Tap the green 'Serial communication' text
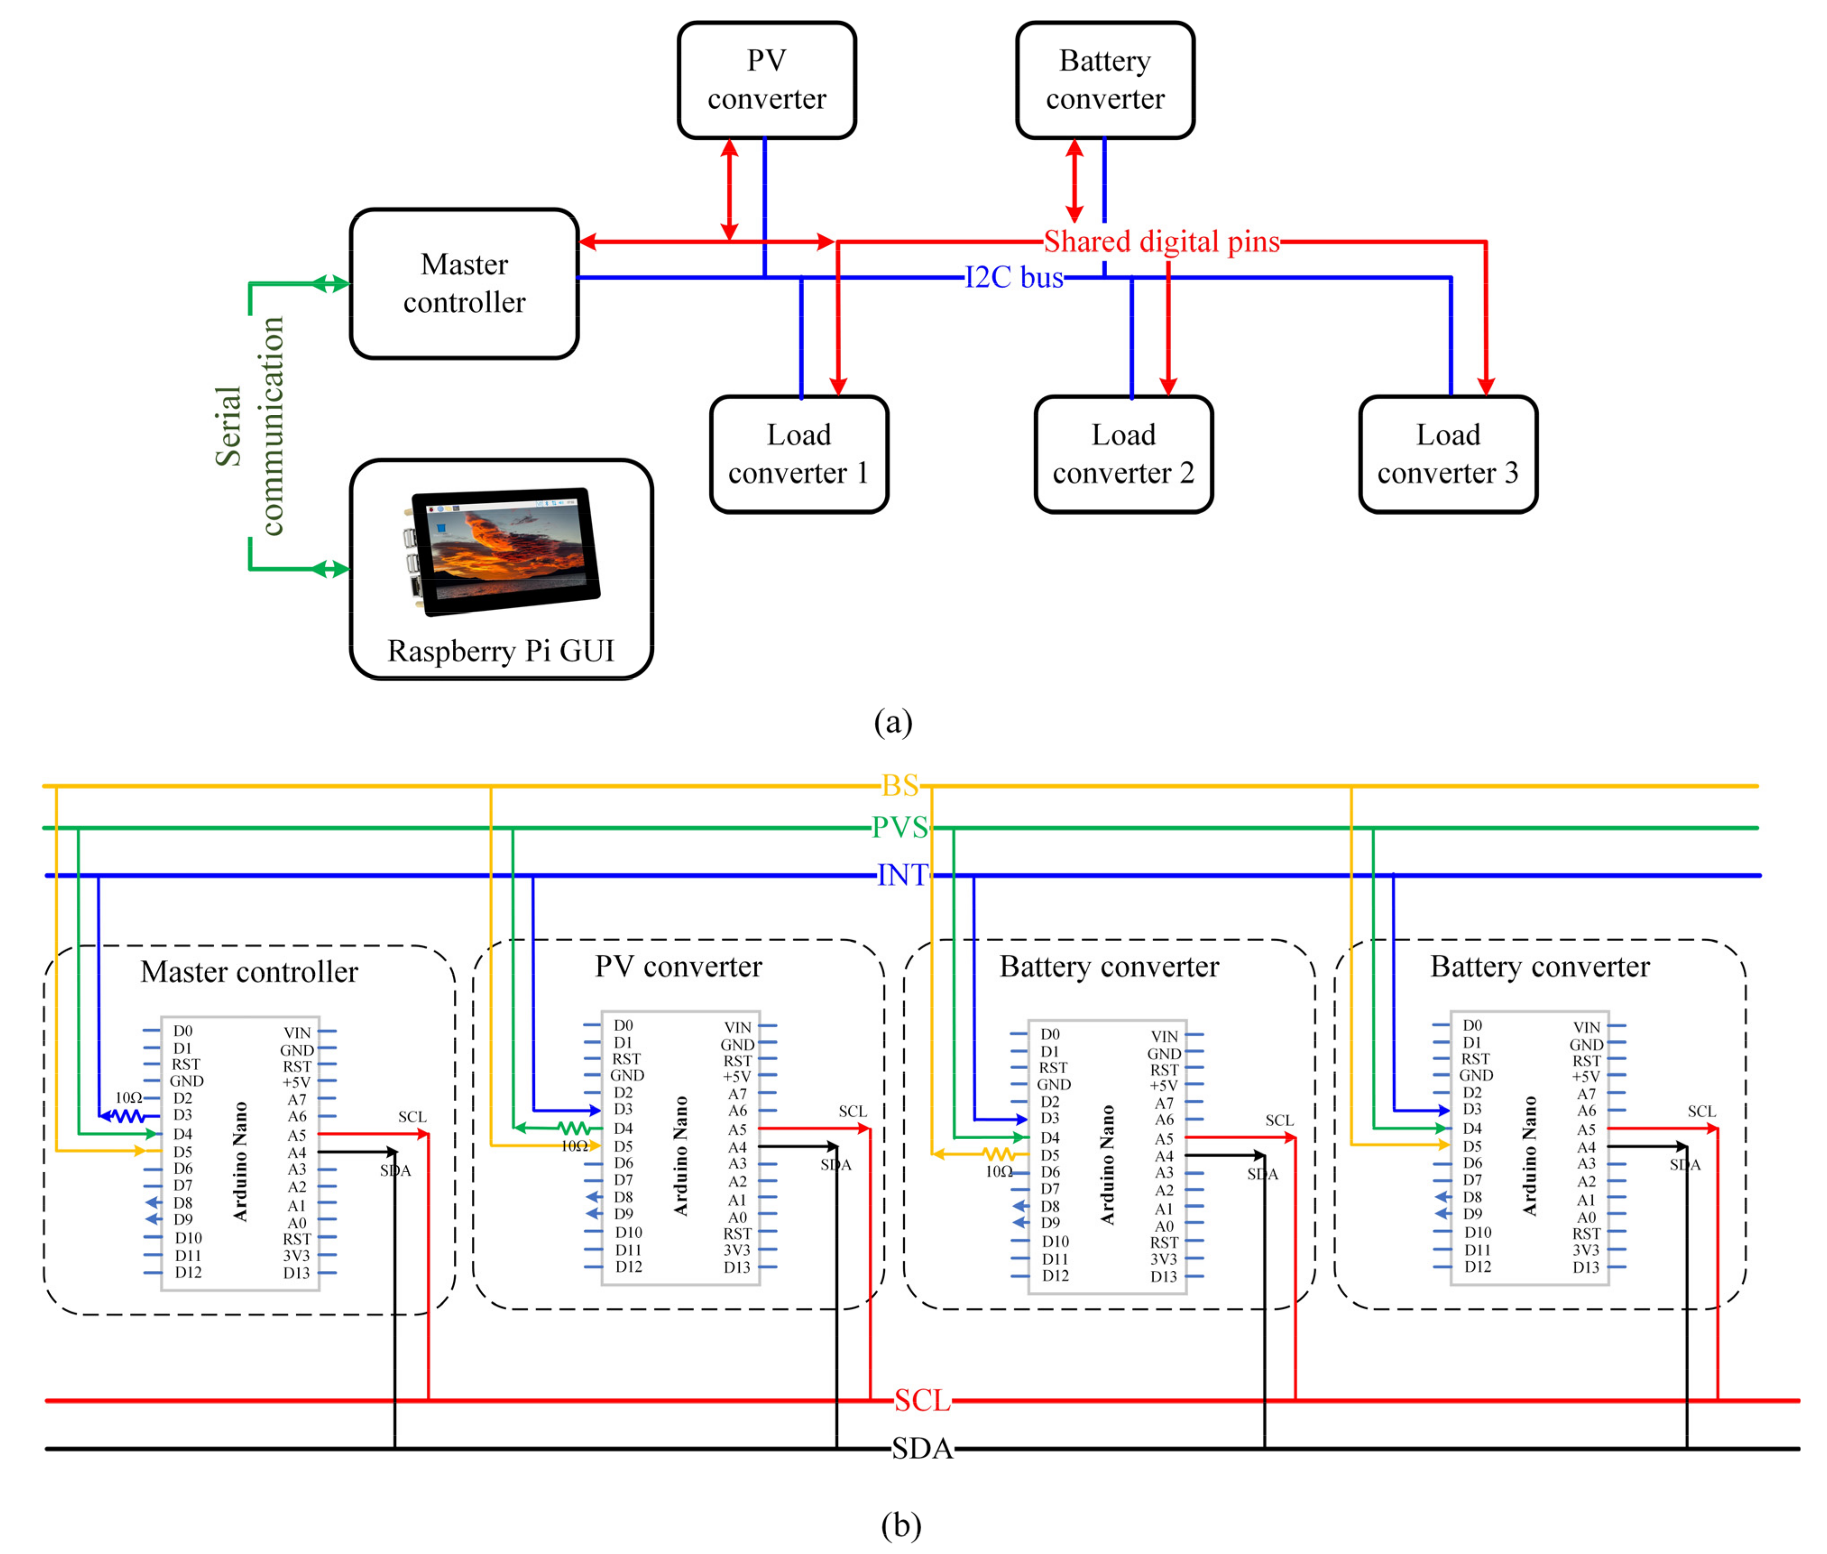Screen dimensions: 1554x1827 (x=249, y=427)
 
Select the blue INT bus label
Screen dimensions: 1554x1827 (x=902, y=875)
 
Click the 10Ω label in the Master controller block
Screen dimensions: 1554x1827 (x=129, y=1098)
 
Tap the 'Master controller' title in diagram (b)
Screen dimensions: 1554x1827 (x=249, y=972)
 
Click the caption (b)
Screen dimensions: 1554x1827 (x=900, y=1525)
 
